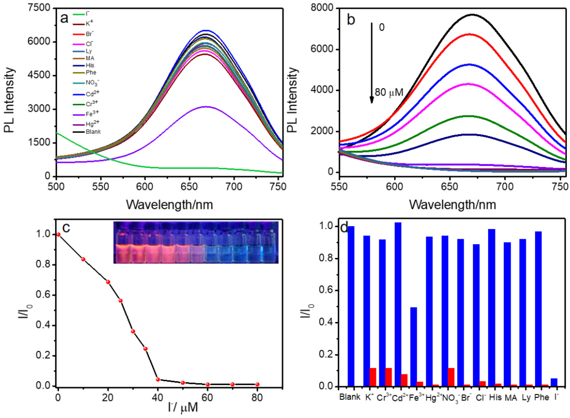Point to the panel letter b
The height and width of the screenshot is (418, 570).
tap(351, 20)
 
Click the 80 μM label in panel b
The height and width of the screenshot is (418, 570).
tap(389, 93)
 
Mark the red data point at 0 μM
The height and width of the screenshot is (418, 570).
tap(58, 235)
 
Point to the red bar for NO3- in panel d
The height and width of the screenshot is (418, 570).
tap(451, 377)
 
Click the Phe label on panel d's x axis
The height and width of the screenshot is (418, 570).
tap(541, 398)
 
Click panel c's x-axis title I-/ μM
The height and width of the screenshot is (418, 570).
tap(183, 407)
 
